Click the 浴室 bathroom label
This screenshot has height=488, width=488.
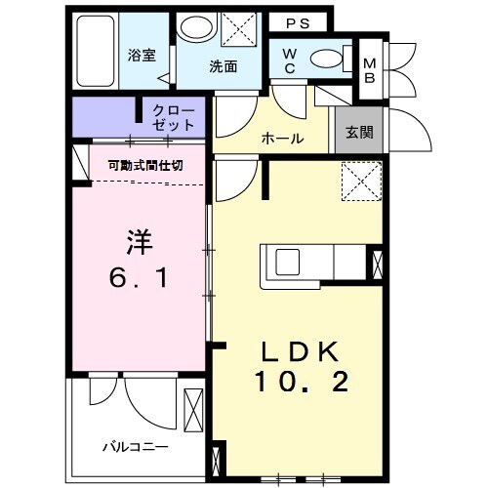[142, 56]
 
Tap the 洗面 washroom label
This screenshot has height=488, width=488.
[223, 67]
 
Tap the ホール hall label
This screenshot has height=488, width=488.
[282, 139]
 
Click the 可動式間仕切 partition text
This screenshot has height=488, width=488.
[145, 165]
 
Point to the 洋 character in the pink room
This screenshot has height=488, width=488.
[138, 239]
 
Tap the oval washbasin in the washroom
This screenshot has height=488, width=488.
[199, 28]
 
